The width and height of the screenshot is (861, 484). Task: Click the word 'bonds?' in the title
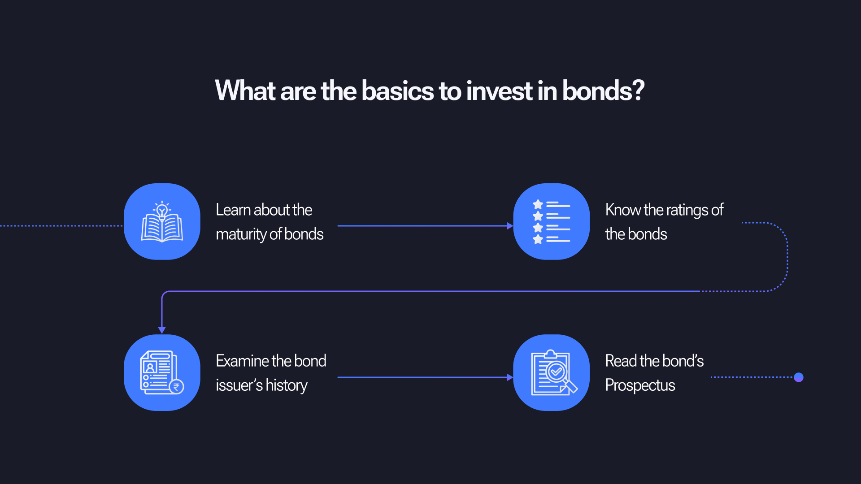[x=603, y=91]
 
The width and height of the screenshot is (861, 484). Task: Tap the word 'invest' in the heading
[x=499, y=91]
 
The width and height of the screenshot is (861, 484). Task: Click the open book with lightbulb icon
[x=162, y=221]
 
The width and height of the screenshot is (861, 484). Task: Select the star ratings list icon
[x=552, y=221]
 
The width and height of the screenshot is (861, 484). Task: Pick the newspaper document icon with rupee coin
[x=162, y=372]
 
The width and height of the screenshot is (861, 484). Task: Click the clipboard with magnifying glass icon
[x=554, y=372]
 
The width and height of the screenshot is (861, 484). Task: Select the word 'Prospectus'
[x=640, y=385]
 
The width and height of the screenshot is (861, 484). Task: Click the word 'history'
[x=286, y=385]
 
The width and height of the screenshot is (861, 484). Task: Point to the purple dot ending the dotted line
[x=799, y=377]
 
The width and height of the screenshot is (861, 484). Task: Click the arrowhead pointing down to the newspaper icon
[x=162, y=330]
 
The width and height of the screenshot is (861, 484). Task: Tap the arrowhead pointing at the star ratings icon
[x=510, y=226]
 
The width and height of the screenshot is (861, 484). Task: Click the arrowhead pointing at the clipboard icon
[x=510, y=377]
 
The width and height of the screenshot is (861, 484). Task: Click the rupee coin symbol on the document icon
[x=176, y=387]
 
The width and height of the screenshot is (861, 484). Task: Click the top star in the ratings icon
[x=538, y=204]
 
